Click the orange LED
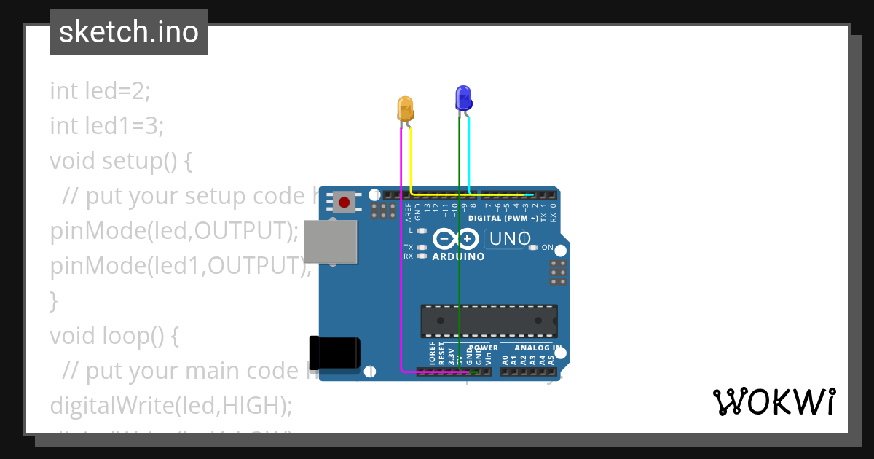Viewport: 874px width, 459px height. tap(406, 109)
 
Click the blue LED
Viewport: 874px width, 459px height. tap(463, 98)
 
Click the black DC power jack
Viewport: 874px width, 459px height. tap(334, 352)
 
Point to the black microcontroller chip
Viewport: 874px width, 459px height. tap(489, 321)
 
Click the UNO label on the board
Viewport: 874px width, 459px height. tap(510, 239)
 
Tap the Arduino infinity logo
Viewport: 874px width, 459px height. tap(456, 239)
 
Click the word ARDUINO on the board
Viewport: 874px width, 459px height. tap(458, 256)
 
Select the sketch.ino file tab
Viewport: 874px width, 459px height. tap(129, 32)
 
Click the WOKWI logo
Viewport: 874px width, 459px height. tap(773, 401)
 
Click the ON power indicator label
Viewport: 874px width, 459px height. tap(548, 248)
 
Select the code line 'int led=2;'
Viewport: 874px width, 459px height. tap(100, 91)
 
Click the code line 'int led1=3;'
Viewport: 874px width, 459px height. tap(106, 126)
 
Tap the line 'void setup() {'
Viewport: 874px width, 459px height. tap(121, 160)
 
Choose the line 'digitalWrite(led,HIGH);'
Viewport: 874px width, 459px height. tap(170, 405)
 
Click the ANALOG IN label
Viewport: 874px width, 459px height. tap(538, 348)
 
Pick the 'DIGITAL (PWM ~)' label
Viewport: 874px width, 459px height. tap(503, 218)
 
